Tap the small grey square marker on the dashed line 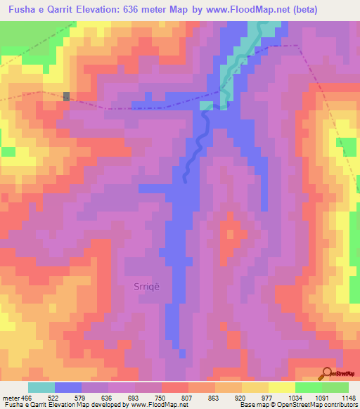coord(67,96)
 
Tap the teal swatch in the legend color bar coord(41,387)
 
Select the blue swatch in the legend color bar coord(68,387)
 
